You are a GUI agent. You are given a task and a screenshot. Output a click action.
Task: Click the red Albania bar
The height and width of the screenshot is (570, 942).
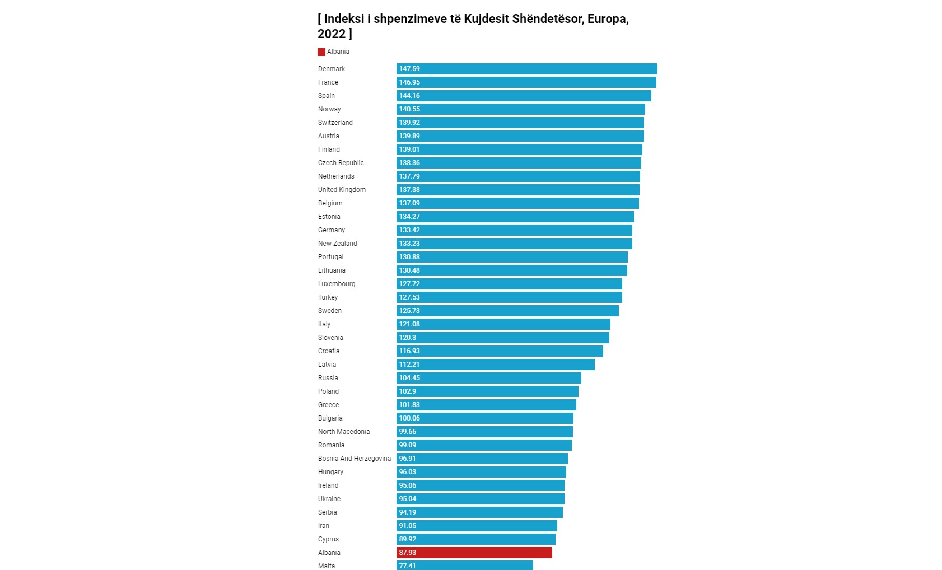click(x=474, y=553)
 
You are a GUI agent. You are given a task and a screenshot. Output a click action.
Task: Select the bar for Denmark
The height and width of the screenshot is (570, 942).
click(x=526, y=69)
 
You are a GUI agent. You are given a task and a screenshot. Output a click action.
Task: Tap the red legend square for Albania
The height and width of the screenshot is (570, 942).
click(x=321, y=52)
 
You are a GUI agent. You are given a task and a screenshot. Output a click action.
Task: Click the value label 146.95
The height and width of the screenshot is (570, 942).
click(x=409, y=82)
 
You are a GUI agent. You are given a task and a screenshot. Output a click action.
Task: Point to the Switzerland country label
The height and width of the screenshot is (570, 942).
click(x=335, y=123)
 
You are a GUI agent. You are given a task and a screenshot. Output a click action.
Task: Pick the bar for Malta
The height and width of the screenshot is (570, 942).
click(x=464, y=566)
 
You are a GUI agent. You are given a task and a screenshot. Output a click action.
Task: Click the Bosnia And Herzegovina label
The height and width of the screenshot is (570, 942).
click(x=355, y=459)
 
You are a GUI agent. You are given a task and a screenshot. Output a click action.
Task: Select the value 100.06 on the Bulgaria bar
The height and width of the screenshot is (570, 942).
click(x=409, y=418)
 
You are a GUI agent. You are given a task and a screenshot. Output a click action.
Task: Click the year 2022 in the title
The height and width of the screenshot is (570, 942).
click(x=332, y=34)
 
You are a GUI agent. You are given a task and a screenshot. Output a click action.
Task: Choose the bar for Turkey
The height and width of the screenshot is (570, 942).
click(x=509, y=297)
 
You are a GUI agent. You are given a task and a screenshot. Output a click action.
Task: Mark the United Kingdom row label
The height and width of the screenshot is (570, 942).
click(x=342, y=190)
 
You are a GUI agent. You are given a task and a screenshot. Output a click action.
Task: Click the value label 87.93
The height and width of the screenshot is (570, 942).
click(x=408, y=553)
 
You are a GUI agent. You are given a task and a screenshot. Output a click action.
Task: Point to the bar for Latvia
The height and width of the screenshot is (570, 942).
click(x=495, y=365)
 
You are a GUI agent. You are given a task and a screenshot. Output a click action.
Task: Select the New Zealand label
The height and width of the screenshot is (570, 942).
click(x=337, y=244)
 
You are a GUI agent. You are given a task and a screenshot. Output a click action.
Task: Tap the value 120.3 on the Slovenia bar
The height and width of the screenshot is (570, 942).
click(x=408, y=338)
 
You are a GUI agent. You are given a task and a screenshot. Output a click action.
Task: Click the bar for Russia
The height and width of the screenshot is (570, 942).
click(x=488, y=378)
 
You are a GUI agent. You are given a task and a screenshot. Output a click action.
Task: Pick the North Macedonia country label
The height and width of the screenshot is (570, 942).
click(x=344, y=432)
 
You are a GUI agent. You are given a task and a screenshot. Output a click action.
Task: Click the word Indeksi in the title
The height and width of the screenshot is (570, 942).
click(x=344, y=18)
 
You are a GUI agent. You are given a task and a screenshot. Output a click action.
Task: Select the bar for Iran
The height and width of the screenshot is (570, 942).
click(x=477, y=526)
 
